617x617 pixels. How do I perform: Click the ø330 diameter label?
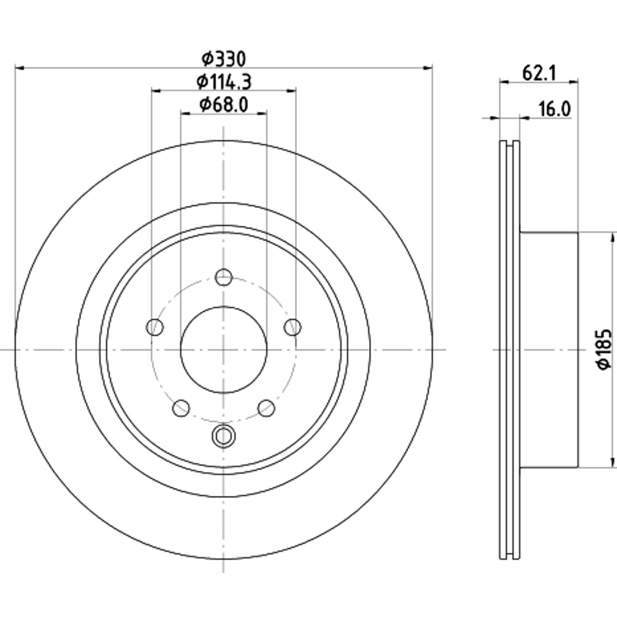coord(223,59)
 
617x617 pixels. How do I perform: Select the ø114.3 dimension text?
coord(224,82)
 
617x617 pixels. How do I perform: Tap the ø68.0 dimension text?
coord(224,105)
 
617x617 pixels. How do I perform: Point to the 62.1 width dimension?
coord(539,73)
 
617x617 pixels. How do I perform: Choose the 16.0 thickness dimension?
coord(554,109)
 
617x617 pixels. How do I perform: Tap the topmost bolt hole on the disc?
coord(223,278)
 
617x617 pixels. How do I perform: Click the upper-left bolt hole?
coord(155,327)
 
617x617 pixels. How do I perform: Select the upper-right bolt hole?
coord(293,327)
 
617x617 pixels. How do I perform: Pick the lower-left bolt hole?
coord(181,408)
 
